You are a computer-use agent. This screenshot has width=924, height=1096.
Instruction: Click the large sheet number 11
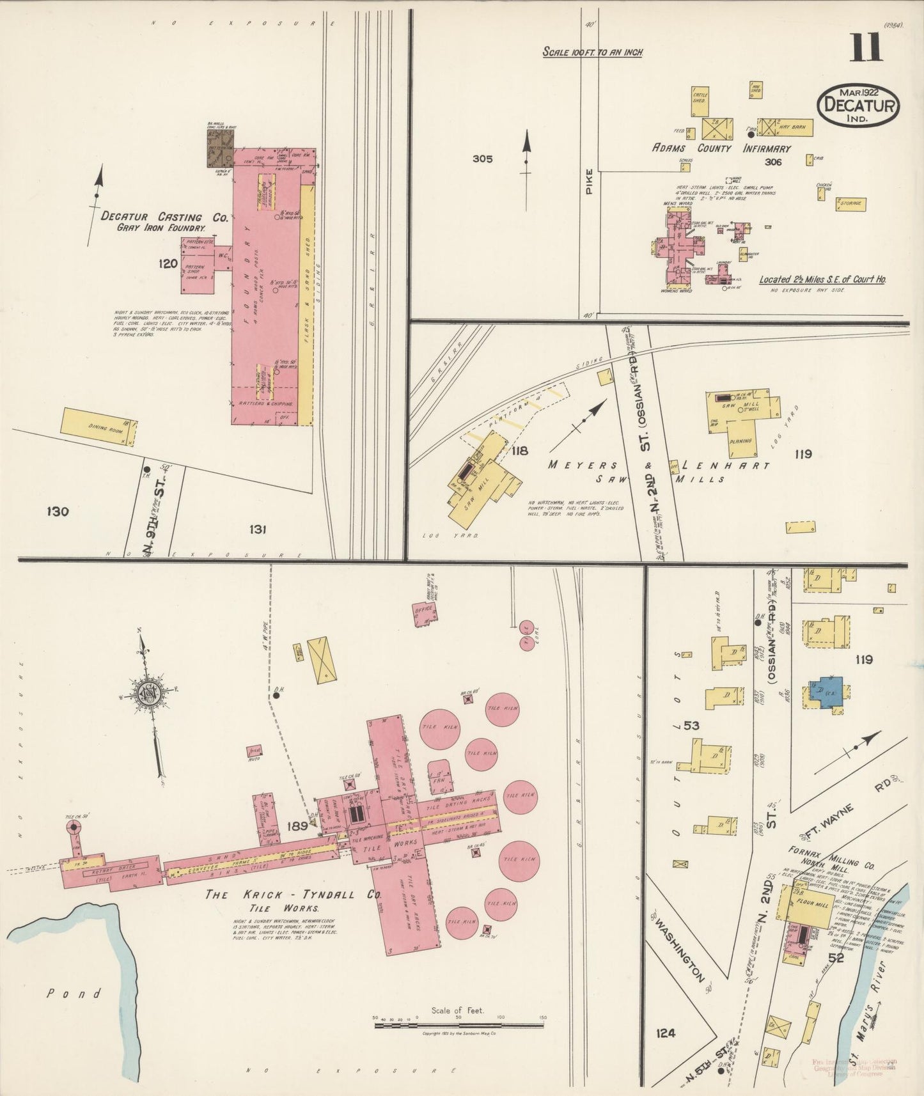866,47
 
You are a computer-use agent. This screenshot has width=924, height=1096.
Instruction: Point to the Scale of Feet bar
459,1025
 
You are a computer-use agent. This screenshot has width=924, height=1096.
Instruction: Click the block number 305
482,159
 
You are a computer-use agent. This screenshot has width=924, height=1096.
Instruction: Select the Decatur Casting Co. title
164,217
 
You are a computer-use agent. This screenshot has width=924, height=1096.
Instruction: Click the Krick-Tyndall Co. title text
293,895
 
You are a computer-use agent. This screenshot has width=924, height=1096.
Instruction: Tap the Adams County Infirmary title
721,148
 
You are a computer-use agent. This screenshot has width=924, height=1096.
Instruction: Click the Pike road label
589,180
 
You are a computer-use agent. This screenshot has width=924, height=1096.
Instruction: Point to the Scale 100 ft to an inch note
591,52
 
